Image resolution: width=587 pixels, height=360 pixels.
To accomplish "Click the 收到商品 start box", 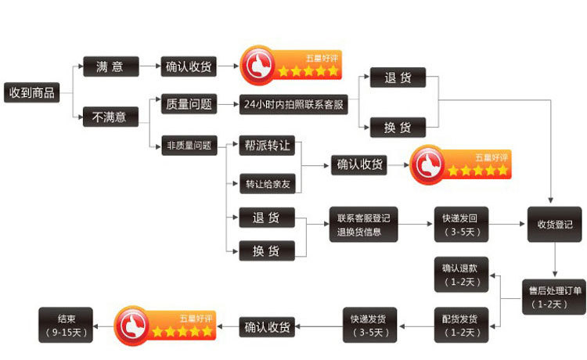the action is (32, 92).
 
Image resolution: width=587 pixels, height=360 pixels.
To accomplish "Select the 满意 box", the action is (111, 67).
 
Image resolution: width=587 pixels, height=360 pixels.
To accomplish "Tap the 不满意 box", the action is (110, 117).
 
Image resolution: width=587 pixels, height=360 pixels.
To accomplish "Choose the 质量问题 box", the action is (189, 104).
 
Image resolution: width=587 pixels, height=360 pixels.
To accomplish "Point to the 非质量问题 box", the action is (189, 146).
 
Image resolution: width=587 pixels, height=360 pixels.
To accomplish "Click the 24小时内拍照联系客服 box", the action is (293, 104).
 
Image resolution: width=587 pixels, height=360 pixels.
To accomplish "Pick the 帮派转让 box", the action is (267, 146).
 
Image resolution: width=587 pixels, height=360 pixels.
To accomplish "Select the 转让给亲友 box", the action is (268, 184).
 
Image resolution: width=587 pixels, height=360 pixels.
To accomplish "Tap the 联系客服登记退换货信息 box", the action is (363, 225).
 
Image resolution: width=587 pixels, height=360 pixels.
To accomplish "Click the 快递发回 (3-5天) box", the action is (461, 225).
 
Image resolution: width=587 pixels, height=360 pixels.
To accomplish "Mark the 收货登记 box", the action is (555, 225).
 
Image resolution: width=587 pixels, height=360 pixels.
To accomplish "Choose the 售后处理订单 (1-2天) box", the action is (554, 297).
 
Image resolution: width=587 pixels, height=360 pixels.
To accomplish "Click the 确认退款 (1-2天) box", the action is (461, 275).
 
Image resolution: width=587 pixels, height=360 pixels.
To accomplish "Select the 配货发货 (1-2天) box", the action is (461, 326).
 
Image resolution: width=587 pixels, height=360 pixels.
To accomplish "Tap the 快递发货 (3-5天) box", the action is (370, 326).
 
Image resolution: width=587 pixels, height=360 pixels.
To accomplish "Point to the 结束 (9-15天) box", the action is (66, 326).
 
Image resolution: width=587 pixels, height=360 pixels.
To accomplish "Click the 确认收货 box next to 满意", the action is (189, 67).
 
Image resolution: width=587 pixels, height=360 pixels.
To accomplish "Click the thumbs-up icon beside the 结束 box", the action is (131, 326).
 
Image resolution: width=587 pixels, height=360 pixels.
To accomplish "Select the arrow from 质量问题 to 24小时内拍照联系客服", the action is (228, 104).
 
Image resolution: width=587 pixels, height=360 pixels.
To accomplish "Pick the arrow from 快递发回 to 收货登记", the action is (506, 224).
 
